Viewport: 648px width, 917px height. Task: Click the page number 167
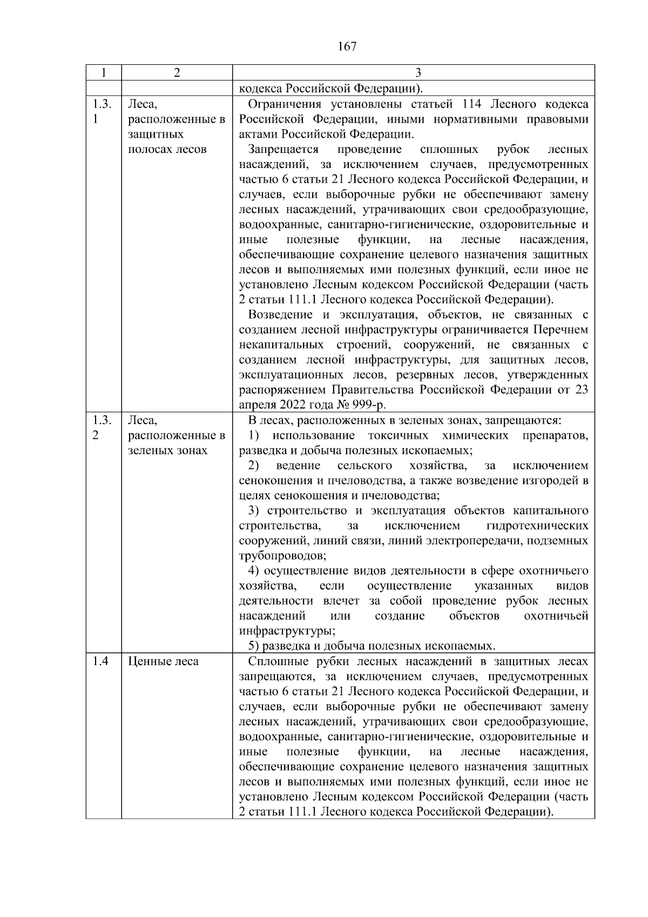[347, 46]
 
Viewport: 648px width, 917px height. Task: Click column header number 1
[103, 73]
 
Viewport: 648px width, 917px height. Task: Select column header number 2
[177, 73]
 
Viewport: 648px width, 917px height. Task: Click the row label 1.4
[100, 661]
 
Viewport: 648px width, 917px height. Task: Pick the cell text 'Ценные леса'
[163, 661]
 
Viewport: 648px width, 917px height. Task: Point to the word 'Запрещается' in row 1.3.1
[283, 150]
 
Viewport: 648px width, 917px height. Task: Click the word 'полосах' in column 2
[147, 150]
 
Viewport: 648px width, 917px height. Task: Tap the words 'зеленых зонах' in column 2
[167, 451]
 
